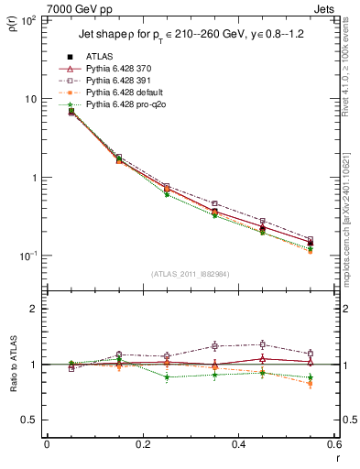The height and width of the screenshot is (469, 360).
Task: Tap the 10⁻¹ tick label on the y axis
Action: [28, 256]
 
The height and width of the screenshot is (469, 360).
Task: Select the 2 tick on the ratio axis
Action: [34, 309]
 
